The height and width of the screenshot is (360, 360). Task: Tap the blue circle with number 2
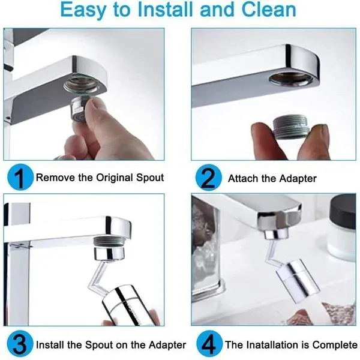click(x=207, y=178)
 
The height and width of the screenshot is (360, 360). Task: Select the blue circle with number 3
click(x=18, y=344)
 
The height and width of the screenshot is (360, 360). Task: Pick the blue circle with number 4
click(x=207, y=344)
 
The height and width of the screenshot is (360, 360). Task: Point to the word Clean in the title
click(x=267, y=10)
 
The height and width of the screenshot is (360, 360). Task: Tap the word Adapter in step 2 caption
click(x=295, y=178)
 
